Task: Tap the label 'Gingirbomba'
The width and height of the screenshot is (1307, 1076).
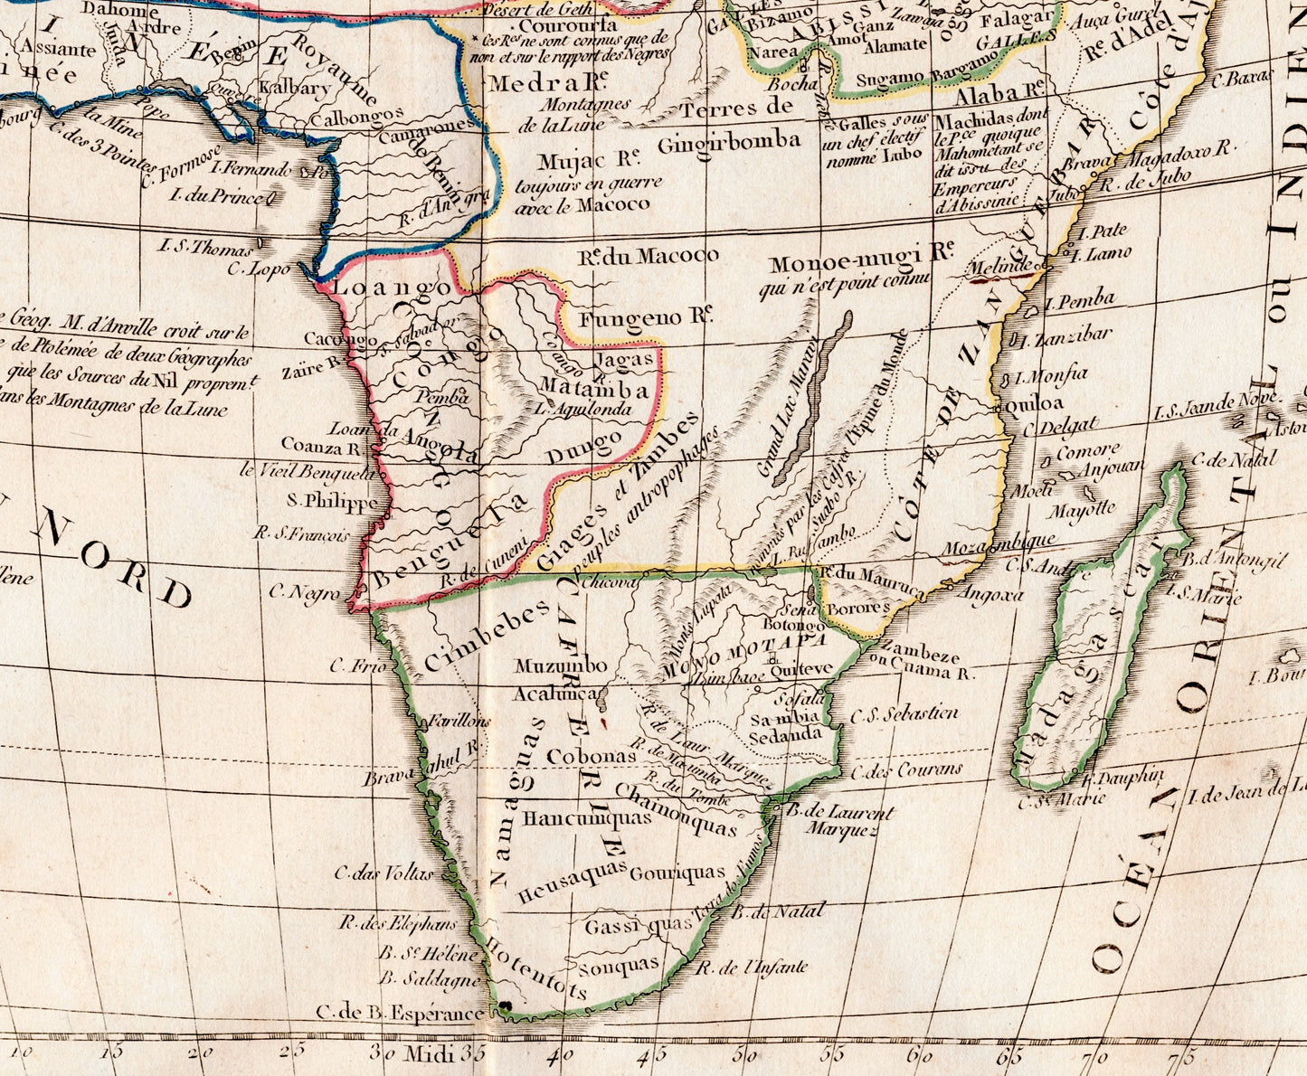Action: click(729, 141)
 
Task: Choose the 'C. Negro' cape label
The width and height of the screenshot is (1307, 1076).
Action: click(305, 593)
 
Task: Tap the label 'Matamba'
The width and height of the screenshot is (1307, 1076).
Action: click(594, 390)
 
